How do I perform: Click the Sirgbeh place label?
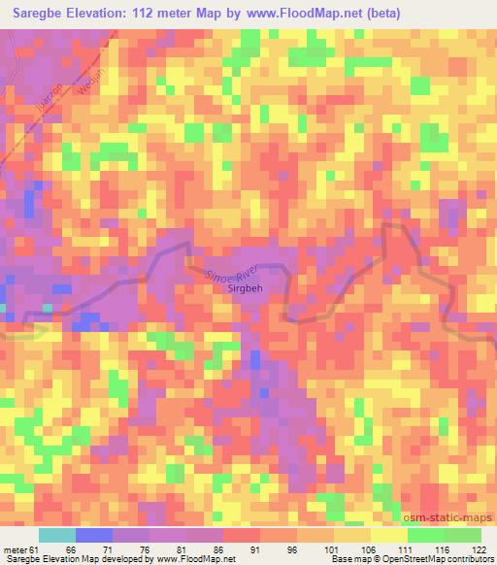point(243,289)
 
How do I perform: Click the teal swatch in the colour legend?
point(57,535)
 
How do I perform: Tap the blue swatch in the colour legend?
point(93,535)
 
